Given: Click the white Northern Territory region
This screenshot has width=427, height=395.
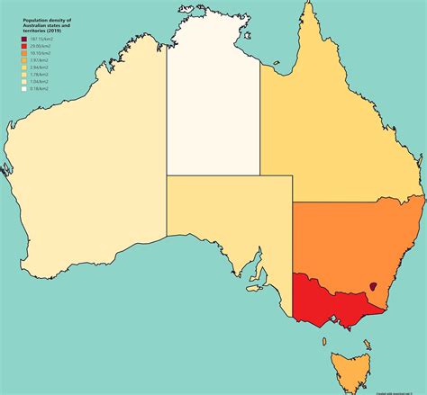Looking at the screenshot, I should pyautogui.click(x=213, y=99).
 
